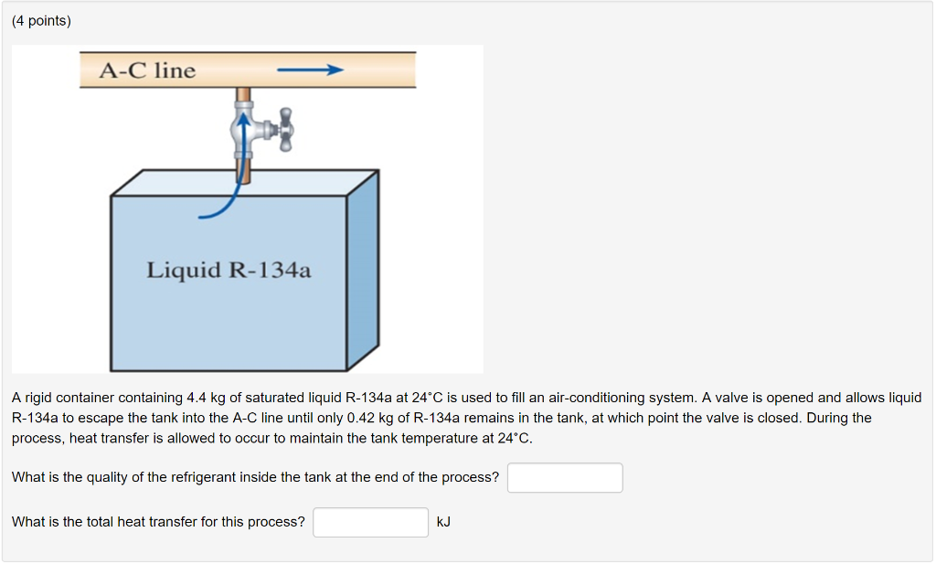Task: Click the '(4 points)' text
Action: [41, 21]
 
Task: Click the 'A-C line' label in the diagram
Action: [147, 70]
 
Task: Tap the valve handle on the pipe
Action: [285, 130]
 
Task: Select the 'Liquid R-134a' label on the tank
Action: [229, 270]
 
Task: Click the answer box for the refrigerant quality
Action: [565, 477]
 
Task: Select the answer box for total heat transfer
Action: [370, 522]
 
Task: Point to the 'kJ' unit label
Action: [443, 522]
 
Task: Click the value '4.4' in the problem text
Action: [197, 398]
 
